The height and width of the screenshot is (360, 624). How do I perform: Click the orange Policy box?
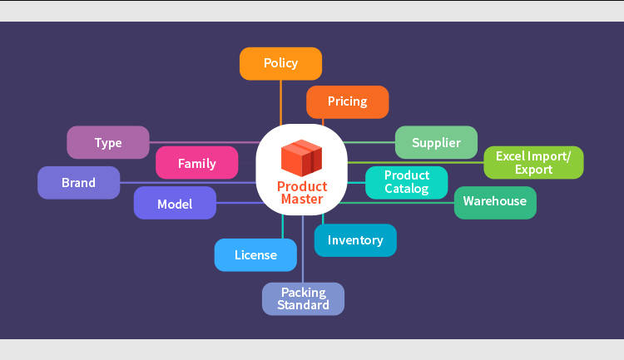pyautogui.click(x=280, y=63)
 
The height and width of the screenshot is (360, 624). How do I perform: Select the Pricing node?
pyautogui.click(x=347, y=101)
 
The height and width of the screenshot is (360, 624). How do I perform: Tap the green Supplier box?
pyautogui.click(x=436, y=142)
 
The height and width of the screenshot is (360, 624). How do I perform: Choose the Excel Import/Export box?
pyautogui.click(x=533, y=162)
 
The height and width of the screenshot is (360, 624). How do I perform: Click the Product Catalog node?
pyautogui.click(x=407, y=182)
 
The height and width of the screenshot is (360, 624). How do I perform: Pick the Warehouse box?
pyautogui.click(x=495, y=201)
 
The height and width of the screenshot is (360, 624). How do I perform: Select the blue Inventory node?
pyautogui.click(x=355, y=240)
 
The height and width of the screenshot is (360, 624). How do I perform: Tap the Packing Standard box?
pyautogui.click(x=303, y=298)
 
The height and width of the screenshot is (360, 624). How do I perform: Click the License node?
pyautogui.click(x=255, y=254)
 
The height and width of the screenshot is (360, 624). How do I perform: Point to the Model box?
pyautogui.click(x=175, y=204)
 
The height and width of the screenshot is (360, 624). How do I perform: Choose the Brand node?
pyautogui.click(x=79, y=182)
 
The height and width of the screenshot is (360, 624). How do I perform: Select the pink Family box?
pyautogui.click(x=197, y=163)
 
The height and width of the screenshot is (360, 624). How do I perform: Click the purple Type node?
pyautogui.click(x=108, y=142)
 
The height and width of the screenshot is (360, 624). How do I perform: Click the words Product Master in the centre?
pyautogui.click(x=302, y=193)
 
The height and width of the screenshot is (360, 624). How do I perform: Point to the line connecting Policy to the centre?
pyautogui.click(x=281, y=104)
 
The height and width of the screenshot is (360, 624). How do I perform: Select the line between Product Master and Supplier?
pyautogui.click(x=370, y=142)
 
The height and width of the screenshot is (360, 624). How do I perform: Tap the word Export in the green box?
pyautogui.click(x=533, y=170)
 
